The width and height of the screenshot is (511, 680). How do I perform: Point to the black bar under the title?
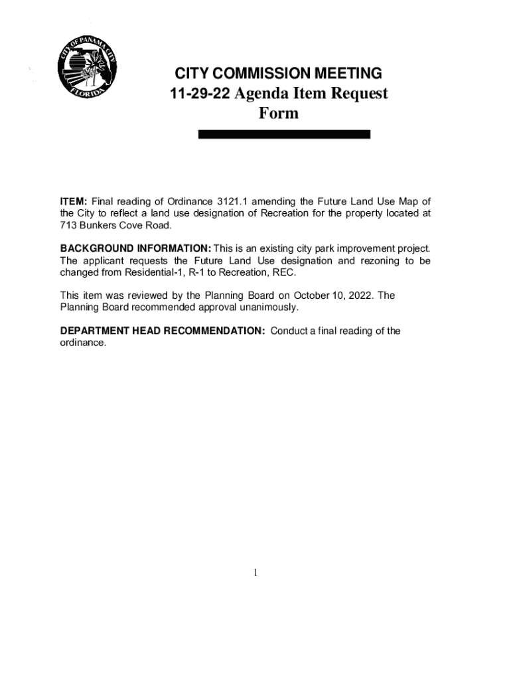point(284,134)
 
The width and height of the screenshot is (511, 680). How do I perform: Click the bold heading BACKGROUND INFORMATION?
point(135,249)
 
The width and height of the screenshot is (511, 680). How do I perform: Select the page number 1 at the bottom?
point(255,572)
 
